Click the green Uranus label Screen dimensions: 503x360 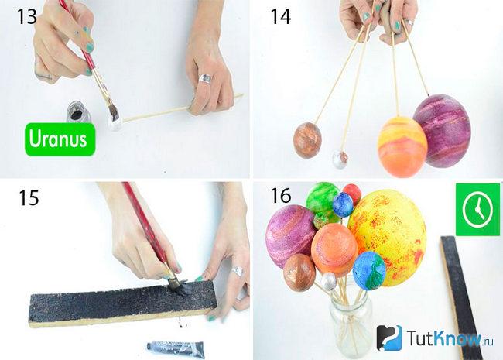[60, 139]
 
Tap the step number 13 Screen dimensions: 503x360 [27, 16]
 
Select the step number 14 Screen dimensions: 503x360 [281, 16]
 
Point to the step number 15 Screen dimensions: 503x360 [29, 197]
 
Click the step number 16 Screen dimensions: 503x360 [281, 195]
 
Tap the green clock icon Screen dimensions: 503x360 [477, 209]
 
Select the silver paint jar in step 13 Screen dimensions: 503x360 [77, 111]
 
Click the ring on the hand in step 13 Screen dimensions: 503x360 [205, 79]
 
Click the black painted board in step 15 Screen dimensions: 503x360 [122, 303]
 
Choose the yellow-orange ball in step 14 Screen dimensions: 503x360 [402, 146]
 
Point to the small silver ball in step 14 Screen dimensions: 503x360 [340, 159]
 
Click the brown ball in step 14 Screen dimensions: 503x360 [307, 140]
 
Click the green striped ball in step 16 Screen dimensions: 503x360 [322, 198]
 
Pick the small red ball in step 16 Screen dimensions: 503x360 [352, 194]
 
